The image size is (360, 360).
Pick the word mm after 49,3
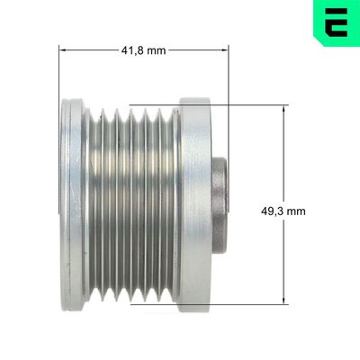pyautogui.click(x=295, y=211)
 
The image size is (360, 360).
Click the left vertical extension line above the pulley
pyautogui.click(x=59, y=72)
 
